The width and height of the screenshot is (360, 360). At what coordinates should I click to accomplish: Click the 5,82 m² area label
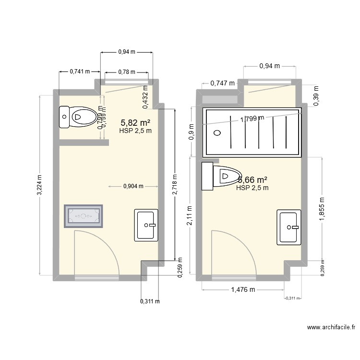click(135, 123)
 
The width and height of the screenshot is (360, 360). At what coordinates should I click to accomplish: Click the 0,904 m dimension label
click(133, 187)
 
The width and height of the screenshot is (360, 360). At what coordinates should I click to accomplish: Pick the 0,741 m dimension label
click(80, 72)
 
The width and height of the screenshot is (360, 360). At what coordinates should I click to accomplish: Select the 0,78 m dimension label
click(126, 72)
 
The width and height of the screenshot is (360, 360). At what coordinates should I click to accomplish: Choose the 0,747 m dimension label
click(223, 83)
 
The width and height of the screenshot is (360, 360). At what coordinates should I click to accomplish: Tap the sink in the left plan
click(146, 225)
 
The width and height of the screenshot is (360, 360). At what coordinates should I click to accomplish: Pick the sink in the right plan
click(289, 227)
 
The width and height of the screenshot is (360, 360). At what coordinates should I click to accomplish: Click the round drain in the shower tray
click(217, 133)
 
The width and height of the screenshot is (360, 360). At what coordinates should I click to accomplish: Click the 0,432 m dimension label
click(144, 101)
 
